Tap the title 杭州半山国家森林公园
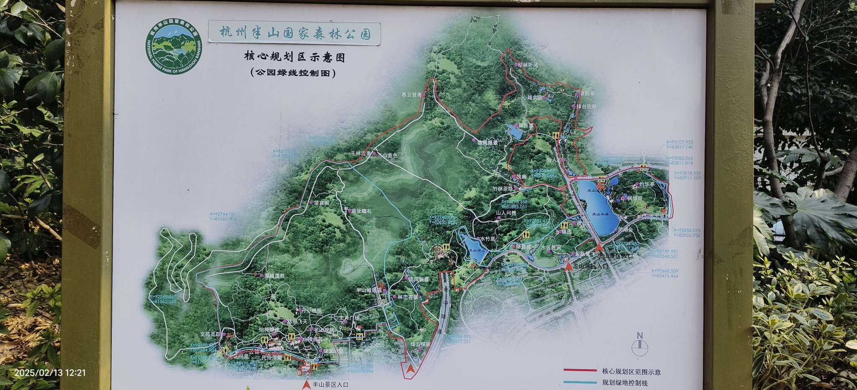[295, 33]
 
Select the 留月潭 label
[526, 125]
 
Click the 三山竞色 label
[387, 155]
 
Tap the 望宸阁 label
[321, 203]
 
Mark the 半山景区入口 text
[330, 384]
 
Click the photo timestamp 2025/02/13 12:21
[50, 372]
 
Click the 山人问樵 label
[506, 213]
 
